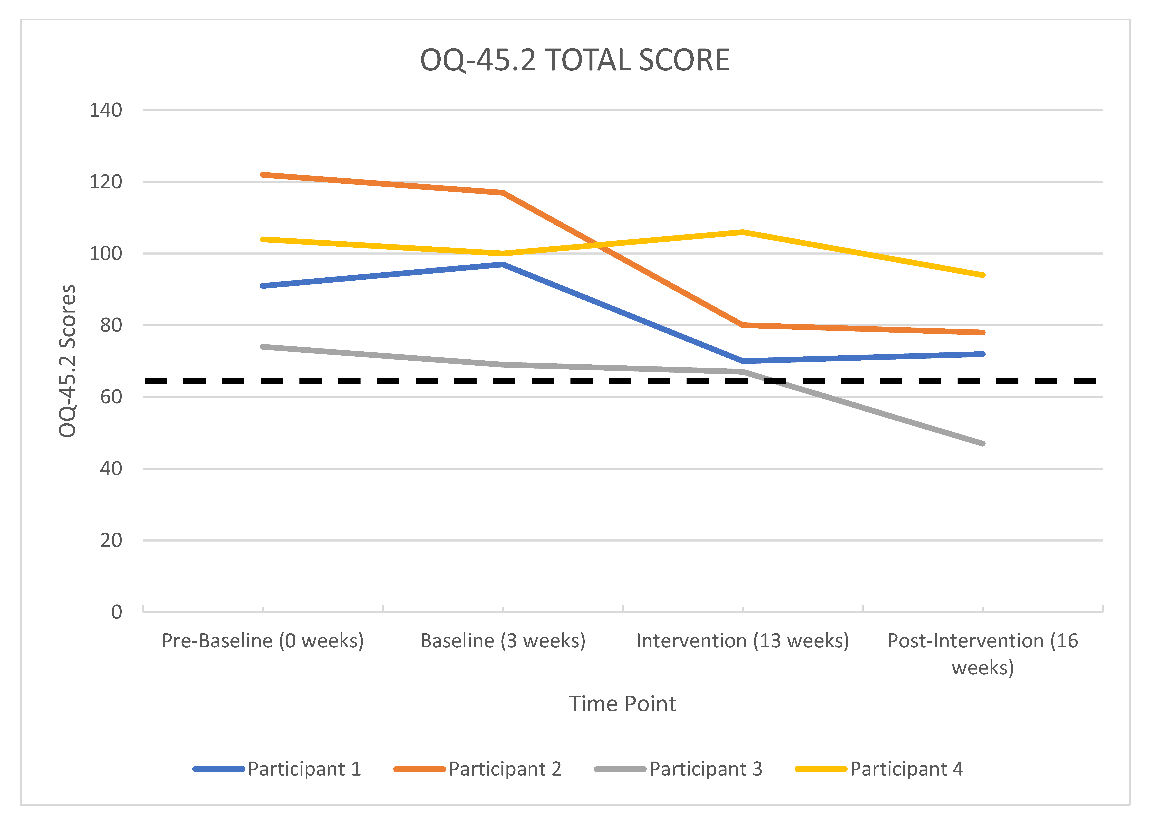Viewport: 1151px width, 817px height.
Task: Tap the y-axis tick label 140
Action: tap(106, 110)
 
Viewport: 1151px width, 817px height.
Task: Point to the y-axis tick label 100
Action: tap(106, 254)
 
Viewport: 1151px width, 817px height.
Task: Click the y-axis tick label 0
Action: tap(117, 612)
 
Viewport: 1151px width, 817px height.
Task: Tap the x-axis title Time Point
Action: tap(622, 704)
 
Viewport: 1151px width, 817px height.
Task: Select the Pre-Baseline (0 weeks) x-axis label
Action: tap(263, 641)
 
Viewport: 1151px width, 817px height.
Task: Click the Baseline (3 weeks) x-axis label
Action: tap(503, 641)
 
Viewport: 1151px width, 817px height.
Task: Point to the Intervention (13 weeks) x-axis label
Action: tap(743, 641)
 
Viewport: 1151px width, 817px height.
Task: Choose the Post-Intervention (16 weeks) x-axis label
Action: tap(982, 654)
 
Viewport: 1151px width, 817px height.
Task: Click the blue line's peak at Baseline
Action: tap(503, 264)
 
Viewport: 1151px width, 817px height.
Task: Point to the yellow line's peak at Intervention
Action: tap(743, 232)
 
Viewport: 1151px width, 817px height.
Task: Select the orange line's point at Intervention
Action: tap(743, 325)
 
